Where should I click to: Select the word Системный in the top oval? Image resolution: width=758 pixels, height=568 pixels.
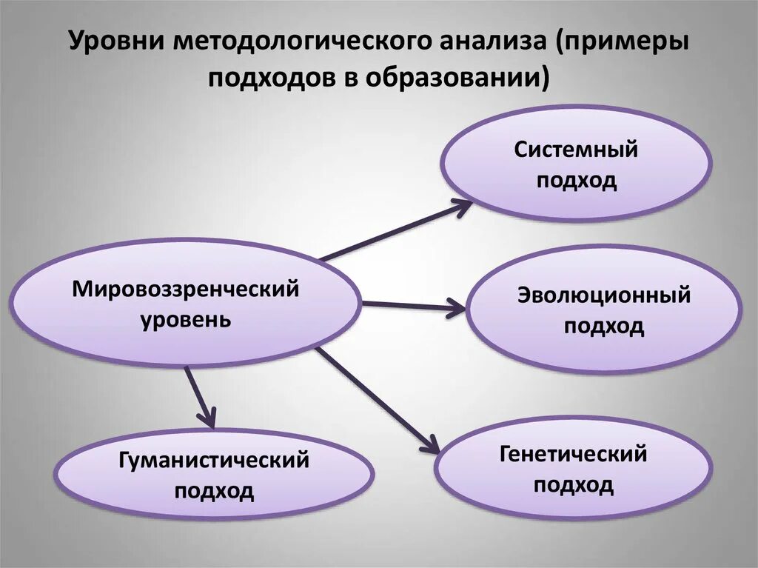coord(576,150)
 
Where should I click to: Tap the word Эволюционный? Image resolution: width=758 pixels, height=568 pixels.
coord(603,295)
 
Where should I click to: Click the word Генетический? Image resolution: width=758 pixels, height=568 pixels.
coord(573,453)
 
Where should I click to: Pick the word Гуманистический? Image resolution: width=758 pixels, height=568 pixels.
coord(214,461)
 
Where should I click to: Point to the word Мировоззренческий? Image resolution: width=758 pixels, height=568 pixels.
coord(186,289)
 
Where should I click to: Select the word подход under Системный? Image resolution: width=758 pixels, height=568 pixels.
coord(577,181)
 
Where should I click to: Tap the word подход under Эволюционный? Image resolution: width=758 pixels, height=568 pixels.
coord(603,327)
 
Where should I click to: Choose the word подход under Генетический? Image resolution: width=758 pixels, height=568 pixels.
coord(574,485)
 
